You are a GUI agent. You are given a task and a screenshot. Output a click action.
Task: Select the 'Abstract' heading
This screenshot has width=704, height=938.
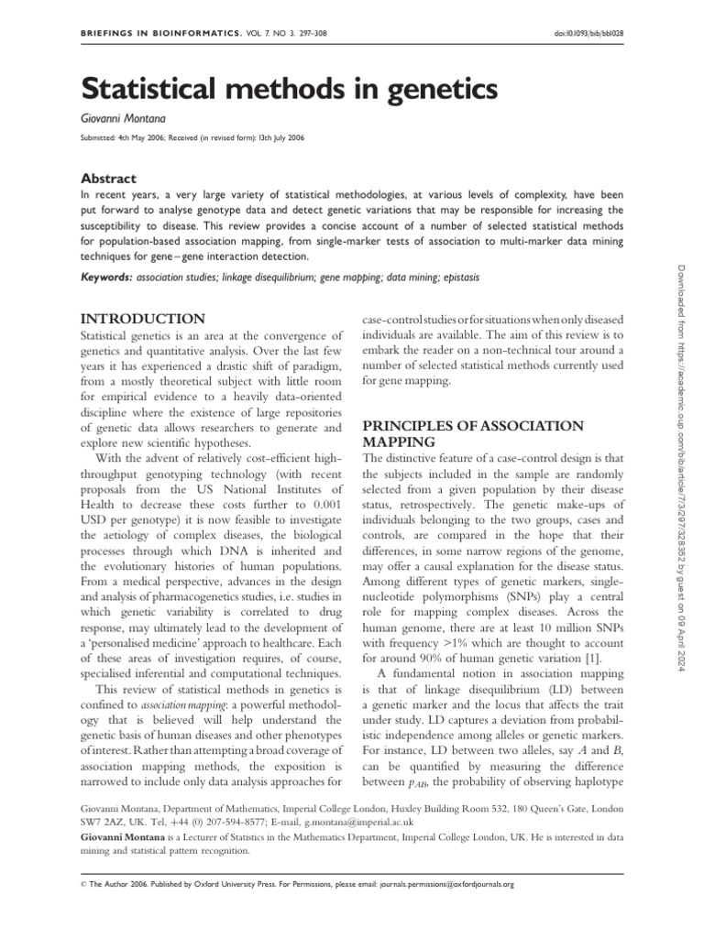point(109,179)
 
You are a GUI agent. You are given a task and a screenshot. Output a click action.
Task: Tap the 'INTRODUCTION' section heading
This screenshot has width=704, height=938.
point(143,319)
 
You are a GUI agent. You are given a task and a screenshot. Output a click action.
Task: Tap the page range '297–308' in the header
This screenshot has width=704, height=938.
point(309,33)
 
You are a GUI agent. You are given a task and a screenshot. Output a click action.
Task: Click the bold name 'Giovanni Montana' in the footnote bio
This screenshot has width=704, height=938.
point(124,836)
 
